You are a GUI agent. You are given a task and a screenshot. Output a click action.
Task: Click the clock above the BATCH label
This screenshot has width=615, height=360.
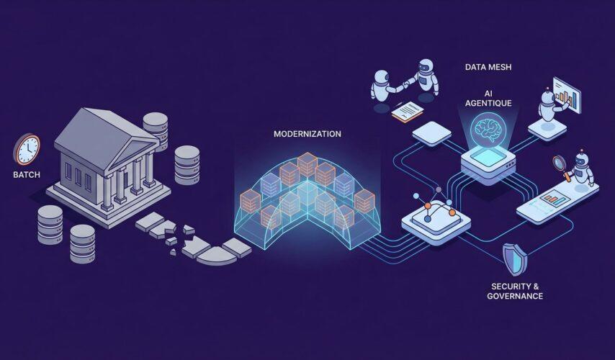click(x=27, y=149)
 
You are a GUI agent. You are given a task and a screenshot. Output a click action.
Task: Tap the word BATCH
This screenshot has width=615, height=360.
click(x=27, y=175)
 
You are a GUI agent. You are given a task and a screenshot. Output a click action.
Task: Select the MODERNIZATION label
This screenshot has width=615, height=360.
click(x=307, y=134)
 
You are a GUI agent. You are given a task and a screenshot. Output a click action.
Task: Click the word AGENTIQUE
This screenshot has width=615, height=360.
click(x=489, y=103)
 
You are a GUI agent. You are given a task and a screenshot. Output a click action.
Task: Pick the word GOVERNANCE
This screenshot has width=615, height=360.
click(x=514, y=296)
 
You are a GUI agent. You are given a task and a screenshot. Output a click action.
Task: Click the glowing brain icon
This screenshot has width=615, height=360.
click(x=488, y=131)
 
